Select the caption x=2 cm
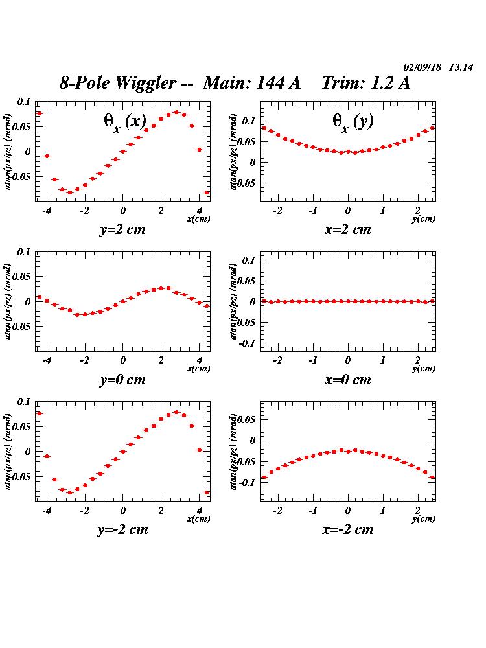(x=347, y=229)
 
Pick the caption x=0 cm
(x=347, y=380)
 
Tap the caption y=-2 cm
(x=122, y=529)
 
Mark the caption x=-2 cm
(x=347, y=529)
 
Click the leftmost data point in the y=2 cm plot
(x=39, y=113)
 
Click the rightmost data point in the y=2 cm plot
(x=207, y=192)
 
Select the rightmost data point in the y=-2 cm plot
(x=207, y=492)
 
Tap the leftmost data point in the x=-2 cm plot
(x=264, y=477)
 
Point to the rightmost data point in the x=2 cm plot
(x=432, y=128)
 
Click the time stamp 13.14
(x=461, y=67)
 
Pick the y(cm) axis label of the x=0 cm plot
(x=423, y=369)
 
